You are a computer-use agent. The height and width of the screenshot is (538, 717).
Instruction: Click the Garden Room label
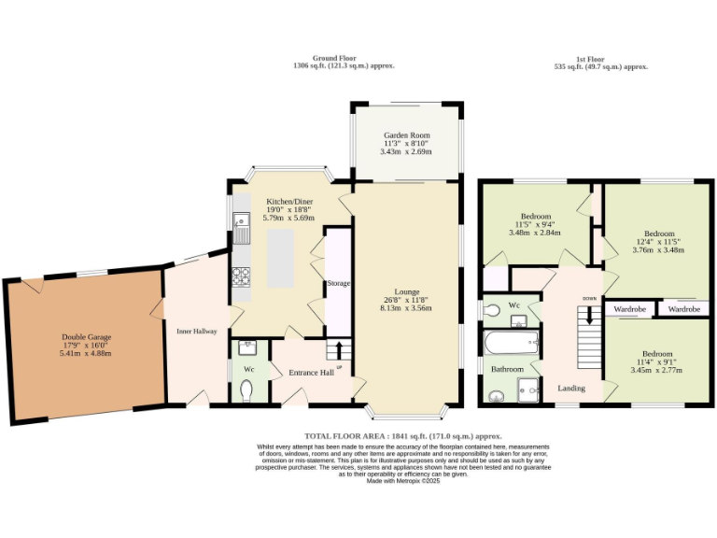tap(405, 134)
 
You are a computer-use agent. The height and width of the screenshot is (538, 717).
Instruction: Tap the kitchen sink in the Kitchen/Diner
tap(240, 224)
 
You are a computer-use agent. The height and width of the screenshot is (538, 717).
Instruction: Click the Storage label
tap(337, 283)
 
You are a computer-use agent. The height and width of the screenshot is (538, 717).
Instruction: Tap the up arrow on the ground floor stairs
tap(338, 352)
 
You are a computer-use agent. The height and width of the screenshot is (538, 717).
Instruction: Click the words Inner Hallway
tap(197, 331)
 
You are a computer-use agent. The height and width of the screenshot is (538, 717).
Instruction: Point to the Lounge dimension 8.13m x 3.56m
tap(405, 308)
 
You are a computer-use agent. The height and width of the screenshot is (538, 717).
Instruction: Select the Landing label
tap(572, 387)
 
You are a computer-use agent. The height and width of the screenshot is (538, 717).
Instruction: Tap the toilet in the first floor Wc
tap(492, 308)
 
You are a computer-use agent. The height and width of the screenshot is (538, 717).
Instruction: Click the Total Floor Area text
tap(403, 436)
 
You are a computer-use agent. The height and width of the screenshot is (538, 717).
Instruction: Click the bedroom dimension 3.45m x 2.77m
tap(658, 371)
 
